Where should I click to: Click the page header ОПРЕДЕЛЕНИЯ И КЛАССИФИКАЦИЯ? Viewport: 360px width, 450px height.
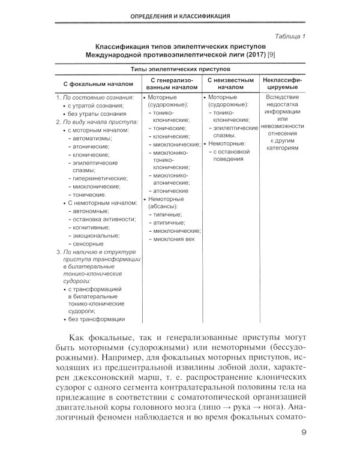click(x=180, y=15)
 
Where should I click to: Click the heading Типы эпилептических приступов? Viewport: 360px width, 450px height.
click(x=180, y=70)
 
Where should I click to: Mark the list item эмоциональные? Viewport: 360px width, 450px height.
click(x=95, y=236)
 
